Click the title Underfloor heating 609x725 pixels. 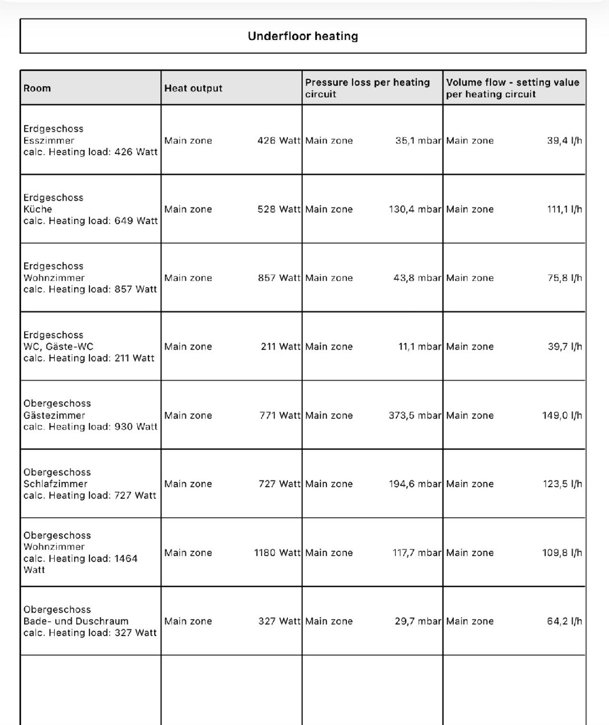pyautogui.click(x=303, y=36)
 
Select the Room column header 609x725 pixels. pyautogui.click(x=37, y=88)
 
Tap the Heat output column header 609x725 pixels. pyautogui.click(x=193, y=88)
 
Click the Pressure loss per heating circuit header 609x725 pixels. pyautogui.click(x=367, y=88)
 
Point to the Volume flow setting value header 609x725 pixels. pyautogui.click(x=512, y=88)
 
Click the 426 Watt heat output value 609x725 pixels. pyautogui.click(x=279, y=140)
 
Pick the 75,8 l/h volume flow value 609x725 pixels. pyautogui.click(x=564, y=278)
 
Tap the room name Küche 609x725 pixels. pyautogui.click(x=38, y=209)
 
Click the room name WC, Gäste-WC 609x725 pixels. pyautogui.click(x=58, y=346)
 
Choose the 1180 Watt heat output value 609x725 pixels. pyautogui.click(x=277, y=553)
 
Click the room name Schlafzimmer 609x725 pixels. pyautogui.click(x=55, y=484)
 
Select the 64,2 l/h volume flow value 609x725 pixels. pyautogui.click(x=564, y=621)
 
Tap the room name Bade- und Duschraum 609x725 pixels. pyautogui.click(x=76, y=621)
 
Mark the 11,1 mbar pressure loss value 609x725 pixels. pyautogui.click(x=420, y=346)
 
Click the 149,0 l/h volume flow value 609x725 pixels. pyautogui.click(x=562, y=415)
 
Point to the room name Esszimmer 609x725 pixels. pyautogui.click(x=49, y=140)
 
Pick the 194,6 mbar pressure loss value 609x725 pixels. pyautogui.click(x=415, y=484)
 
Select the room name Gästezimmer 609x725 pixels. pyautogui.click(x=54, y=415)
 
